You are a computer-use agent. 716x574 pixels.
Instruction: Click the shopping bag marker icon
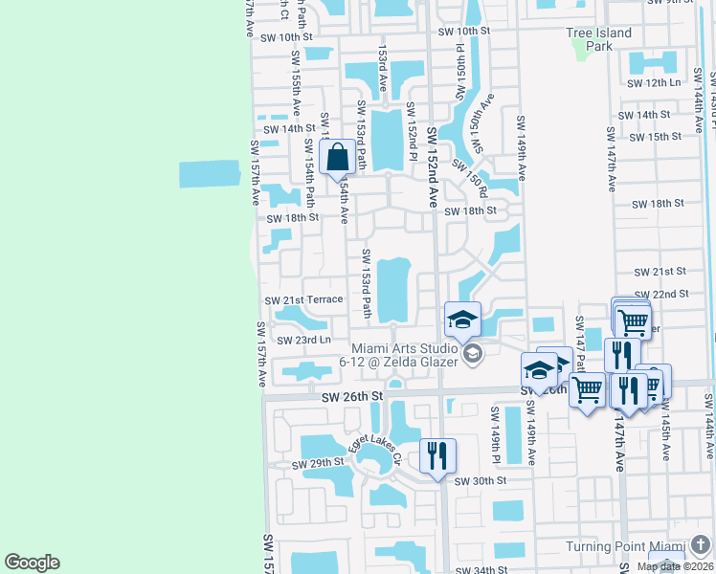point(338,157)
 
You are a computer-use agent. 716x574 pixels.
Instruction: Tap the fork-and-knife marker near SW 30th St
point(437,455)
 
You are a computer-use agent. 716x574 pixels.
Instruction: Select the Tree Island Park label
point(599,39)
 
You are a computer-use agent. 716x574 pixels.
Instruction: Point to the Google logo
point(32,563)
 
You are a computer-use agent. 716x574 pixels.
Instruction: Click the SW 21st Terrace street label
point(303,299)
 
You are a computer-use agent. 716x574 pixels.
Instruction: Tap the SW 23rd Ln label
point(303,340)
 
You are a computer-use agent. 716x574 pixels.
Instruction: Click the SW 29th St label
point(318,463)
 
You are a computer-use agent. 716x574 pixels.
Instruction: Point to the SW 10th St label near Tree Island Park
point(463,31)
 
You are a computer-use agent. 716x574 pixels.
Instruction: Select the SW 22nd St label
point(661,294)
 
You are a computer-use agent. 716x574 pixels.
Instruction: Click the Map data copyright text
point(673,566)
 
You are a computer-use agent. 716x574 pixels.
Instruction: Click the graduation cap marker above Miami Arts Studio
point(462,320)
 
